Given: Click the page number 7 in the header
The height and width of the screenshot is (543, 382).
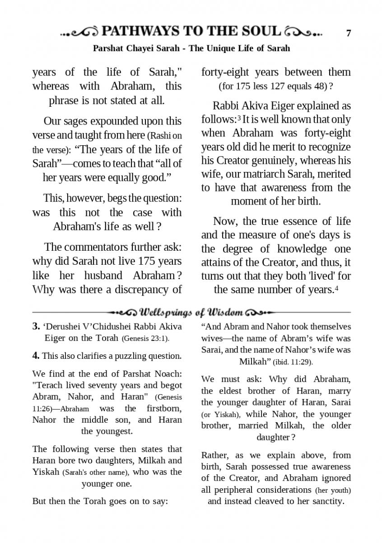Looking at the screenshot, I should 348,33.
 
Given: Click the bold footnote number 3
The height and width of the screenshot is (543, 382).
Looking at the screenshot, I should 36,326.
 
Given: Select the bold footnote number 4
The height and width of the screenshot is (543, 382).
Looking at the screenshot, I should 36,356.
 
